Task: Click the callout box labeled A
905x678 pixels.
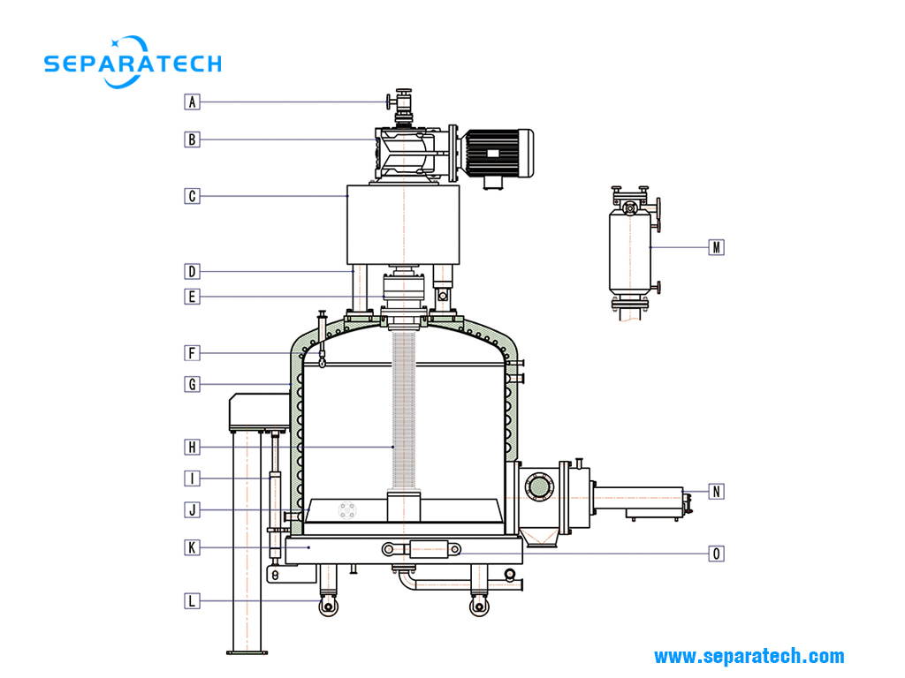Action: click(x=192, y=102)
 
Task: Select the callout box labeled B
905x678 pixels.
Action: click(x=192, y=139)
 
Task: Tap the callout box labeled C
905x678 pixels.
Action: click(x=192, y=196)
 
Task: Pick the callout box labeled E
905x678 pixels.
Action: click(x=192, y=297)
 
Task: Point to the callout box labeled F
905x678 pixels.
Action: click(x=192, y=353)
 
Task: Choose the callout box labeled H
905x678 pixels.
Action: click(x=192, y=446)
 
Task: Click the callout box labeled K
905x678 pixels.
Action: click(x=192, y=547)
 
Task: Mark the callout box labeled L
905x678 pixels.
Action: click(x=192, y=601)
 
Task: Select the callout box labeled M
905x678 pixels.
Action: click(x=716, y=247)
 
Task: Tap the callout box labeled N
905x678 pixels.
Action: click(x=716, y=491)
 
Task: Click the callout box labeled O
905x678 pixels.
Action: click(x=716, y=554)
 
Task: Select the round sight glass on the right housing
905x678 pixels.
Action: click(x=539, y=485)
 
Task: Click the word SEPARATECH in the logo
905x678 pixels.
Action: click(x=133, y=64)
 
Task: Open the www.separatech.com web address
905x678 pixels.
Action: click(x=749, y=656)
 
